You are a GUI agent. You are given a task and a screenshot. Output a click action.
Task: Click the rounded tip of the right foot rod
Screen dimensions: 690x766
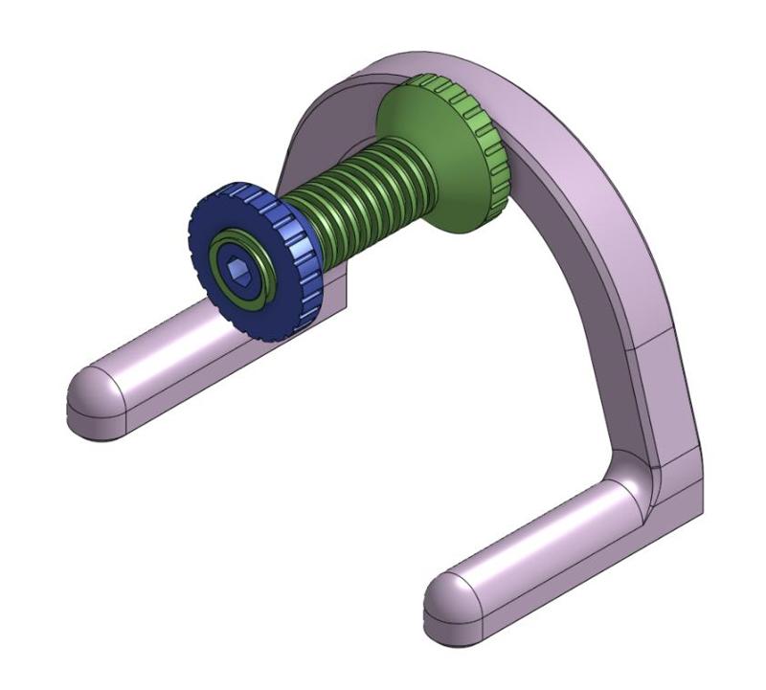point(448,598)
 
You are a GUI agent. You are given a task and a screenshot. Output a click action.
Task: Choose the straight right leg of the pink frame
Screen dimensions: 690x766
point(661,383)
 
